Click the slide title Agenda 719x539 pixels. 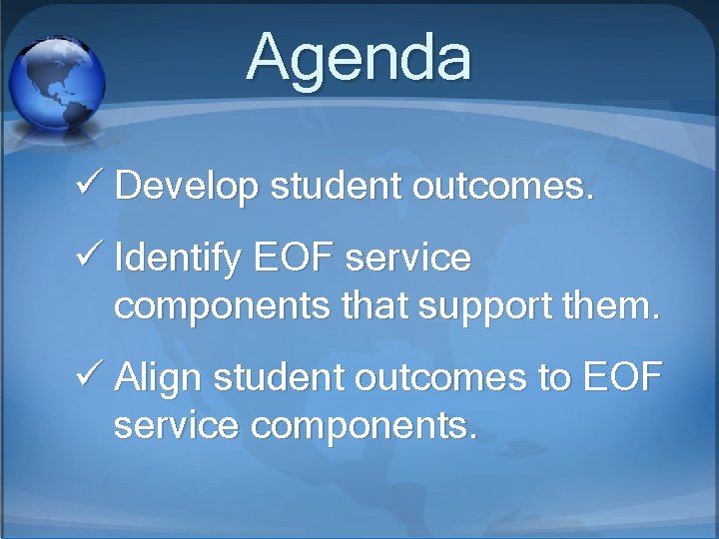tap(359, 57)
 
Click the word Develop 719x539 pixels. tap(188, 187)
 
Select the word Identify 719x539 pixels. tap(178, 260)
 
